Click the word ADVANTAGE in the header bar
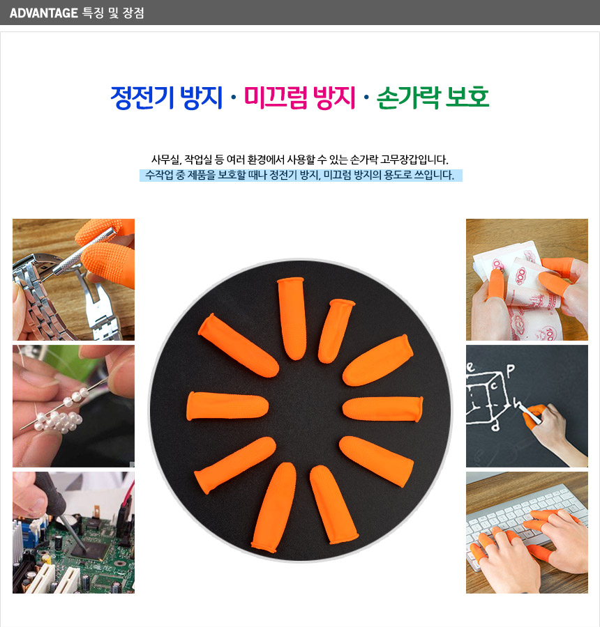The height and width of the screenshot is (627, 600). pyautogui.click(x=43, y=13)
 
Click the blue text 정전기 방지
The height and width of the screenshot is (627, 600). pyautogui.click(x=166, y=98)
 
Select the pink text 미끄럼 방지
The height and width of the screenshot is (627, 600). pyautogui.click(x=299, y=98)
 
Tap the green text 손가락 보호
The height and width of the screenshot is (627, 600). pyautogui.click(x=433, y=98)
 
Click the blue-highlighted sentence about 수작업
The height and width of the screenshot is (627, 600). pyautogui.click(x=301, y=175)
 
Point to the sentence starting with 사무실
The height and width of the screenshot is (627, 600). pyautogui.click(x=299, y=160)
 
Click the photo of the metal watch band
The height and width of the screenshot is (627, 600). pyautogui.click(x=74, y=279)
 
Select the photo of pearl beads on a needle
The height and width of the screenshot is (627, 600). pyautogui.click(x=74, y=406)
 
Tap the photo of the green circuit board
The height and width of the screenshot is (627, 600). pyautogui.click(x=74, y=532)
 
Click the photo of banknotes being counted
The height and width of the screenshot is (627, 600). pyautogui.click(x=527, y=279)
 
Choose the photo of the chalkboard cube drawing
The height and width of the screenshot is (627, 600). pyautogui.click(x=527, y=406)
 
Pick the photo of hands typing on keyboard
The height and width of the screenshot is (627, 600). pyautogui.click(x=527, y=532)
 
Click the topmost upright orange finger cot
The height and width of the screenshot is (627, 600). pyautogui.click(x=292, y=318)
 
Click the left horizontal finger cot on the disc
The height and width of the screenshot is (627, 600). pyautogui.click(x=227, y=406)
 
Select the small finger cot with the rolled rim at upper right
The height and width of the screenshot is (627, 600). pyautogui.click(x=336, y=330)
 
